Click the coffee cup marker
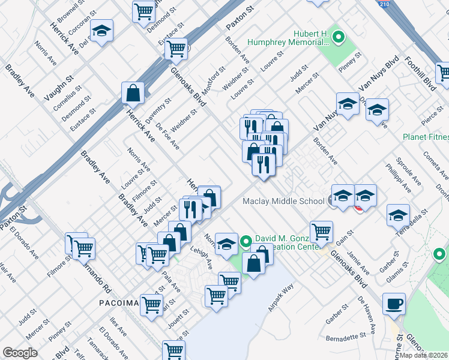394,304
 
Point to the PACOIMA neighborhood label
119,303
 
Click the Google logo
20,352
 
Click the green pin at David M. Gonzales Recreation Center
245,242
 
